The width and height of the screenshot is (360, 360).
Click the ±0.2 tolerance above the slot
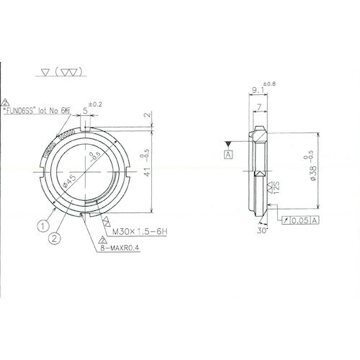pos(95,103)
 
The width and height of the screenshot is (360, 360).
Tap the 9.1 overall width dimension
pos(258,91)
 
